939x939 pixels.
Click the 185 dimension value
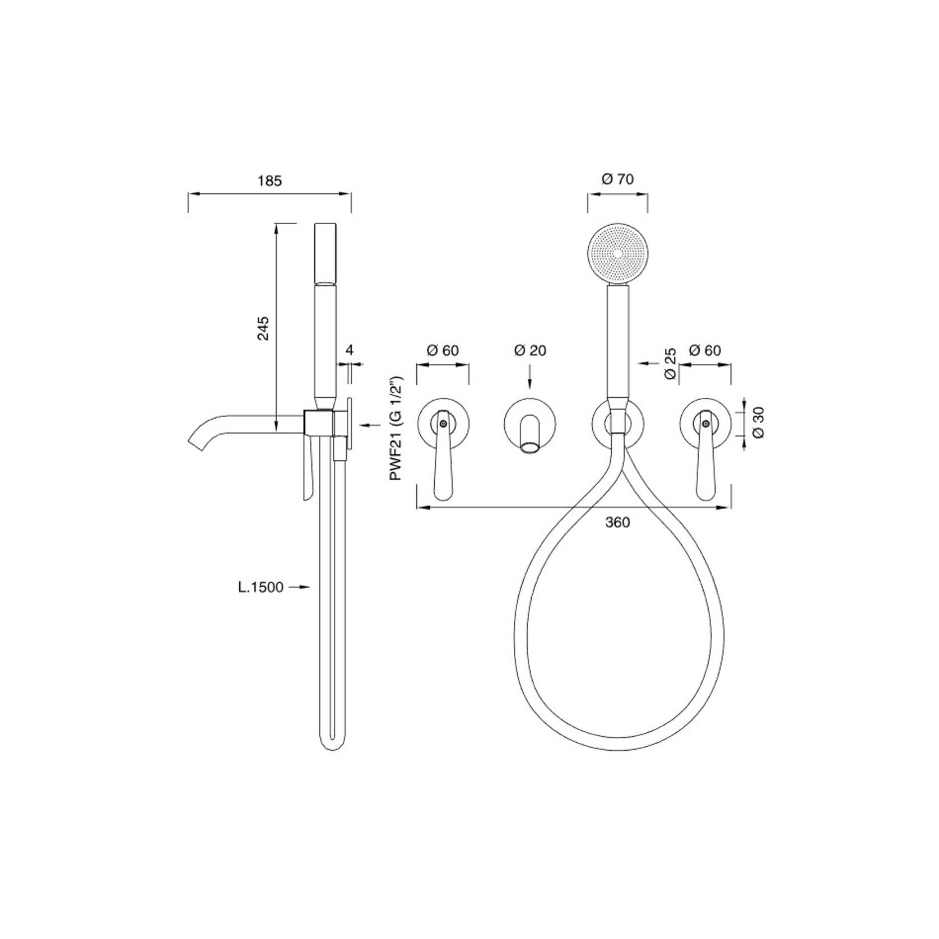(269, 181)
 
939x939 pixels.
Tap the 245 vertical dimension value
(263, 328)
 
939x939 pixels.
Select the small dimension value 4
(350, 350)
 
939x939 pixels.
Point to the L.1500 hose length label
(259, 587)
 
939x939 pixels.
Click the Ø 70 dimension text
(617, 179)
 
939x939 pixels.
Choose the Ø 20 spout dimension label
(529, 351)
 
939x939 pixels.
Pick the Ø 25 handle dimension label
(671, 364)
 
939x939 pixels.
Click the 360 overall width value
(617, 523)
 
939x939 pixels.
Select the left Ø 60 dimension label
(442, 351)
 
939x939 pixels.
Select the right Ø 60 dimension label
(705, 351)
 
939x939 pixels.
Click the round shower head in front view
(617, 253)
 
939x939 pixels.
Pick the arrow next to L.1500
(301, 587)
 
